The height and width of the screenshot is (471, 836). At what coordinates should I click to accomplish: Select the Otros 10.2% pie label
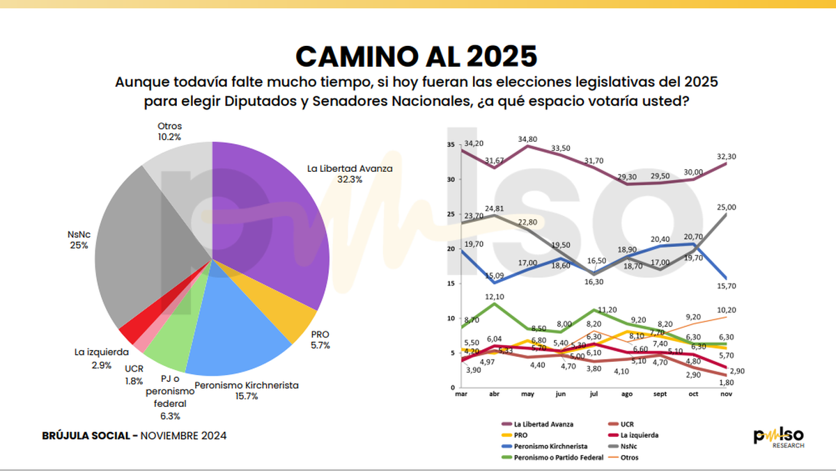click(169, 131)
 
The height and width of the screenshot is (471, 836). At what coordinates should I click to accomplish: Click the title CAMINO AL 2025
click(417, 55)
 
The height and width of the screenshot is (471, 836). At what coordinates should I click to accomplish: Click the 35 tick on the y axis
click(451, 145)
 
